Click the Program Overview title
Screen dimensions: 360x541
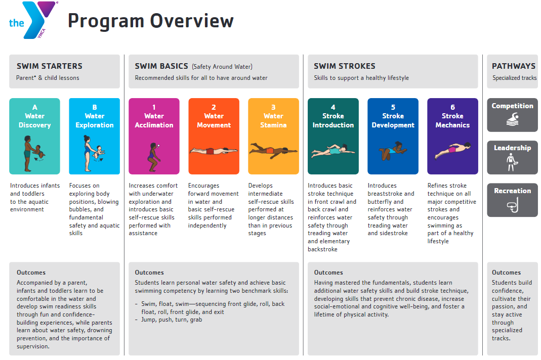coord(151,21)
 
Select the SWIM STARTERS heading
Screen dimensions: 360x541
coord(50,66)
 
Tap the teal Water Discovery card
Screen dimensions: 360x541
coord(34,136)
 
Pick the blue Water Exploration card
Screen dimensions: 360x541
coord(95,136)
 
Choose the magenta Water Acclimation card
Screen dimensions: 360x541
coord(154,136)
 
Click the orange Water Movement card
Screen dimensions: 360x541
coord(214,136)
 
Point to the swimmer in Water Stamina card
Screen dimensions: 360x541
coord(273,150)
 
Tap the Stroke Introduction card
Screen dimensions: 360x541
coord(333,136)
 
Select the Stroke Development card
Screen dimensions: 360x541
coord(393,136)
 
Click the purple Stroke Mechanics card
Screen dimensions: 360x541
coord(452,136)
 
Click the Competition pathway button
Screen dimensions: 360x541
coord(512,115)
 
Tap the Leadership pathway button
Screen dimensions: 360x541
coord(512,157)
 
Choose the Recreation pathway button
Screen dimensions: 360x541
coord(512,200)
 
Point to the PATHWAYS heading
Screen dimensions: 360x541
coord(513,66)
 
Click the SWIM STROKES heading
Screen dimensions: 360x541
coord(345,66)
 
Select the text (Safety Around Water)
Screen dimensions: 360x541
coord(222,66)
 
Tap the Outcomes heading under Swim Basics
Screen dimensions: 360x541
coord(149,273)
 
